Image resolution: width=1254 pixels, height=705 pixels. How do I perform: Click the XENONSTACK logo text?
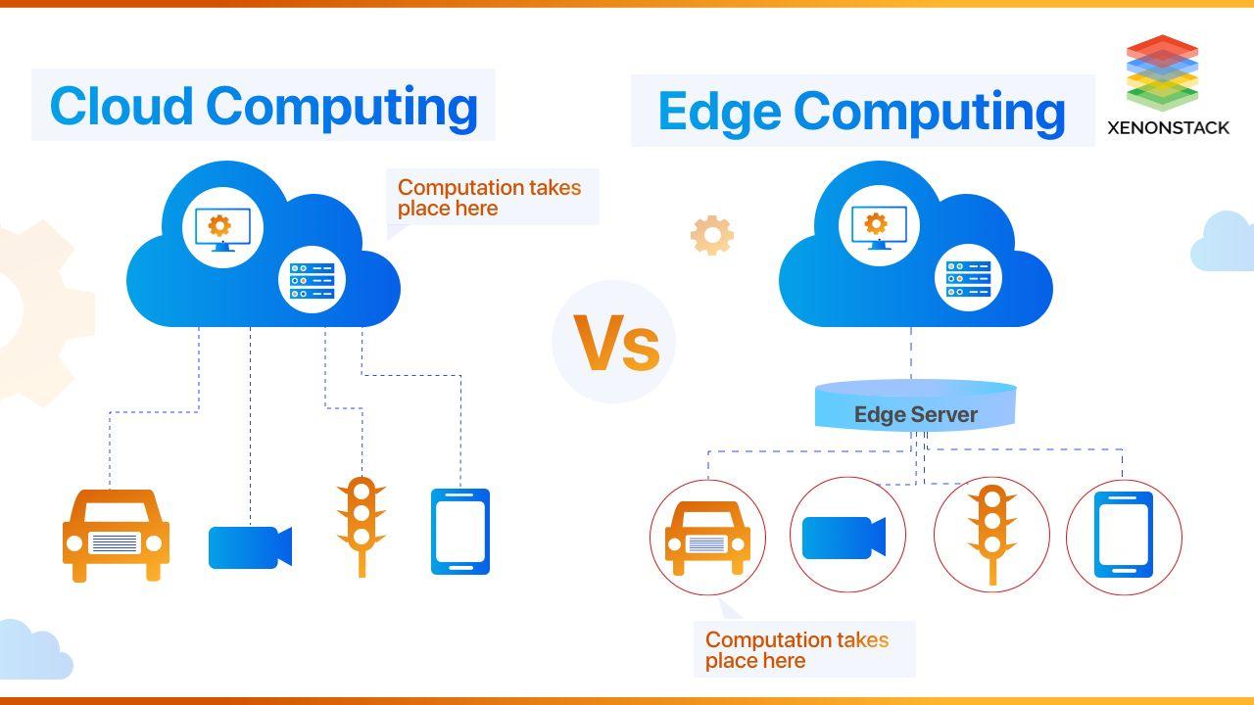(1169, 128)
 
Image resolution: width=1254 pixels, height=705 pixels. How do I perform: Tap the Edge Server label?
(916, 414)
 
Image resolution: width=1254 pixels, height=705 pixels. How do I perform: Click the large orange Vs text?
(616, 343)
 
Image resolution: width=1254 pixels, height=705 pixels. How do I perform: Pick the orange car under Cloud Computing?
(116, 536)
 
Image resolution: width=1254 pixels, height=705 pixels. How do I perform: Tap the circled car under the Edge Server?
(707, 539)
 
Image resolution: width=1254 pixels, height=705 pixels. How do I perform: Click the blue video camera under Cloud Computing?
(250, 547)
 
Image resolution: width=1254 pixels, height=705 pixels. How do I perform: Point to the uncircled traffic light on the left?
(362, 527)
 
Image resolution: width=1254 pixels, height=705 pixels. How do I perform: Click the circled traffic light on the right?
(992, 535)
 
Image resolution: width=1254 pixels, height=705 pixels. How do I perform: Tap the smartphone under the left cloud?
(460, 532)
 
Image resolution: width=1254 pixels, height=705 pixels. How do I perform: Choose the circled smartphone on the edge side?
(1124, 535)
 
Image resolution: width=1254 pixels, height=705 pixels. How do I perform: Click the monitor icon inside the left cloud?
(222, 229)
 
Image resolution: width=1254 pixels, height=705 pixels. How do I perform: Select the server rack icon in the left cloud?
(312, 280)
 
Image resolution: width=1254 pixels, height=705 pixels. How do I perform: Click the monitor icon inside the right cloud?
(879, 227)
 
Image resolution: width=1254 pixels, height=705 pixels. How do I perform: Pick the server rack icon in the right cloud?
(969, 279)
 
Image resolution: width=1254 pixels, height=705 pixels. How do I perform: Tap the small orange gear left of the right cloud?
(712, 235)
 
